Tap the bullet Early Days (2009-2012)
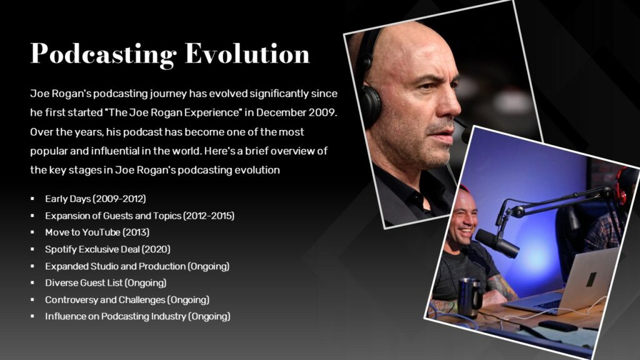click(x=95, y=199)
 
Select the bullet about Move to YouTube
click(x=97, y=232)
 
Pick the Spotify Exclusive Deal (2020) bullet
click(x=107, y=249)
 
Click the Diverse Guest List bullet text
click(x=106, y=283)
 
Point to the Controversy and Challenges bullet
click(x=127, y=300)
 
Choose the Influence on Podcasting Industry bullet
click(x=137, y=317)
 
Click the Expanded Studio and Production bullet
click(x=137, y=266)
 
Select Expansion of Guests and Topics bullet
click(x=139, y=216)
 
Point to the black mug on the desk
click(x=468, y=297)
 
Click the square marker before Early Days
click(x=32, y=199)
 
